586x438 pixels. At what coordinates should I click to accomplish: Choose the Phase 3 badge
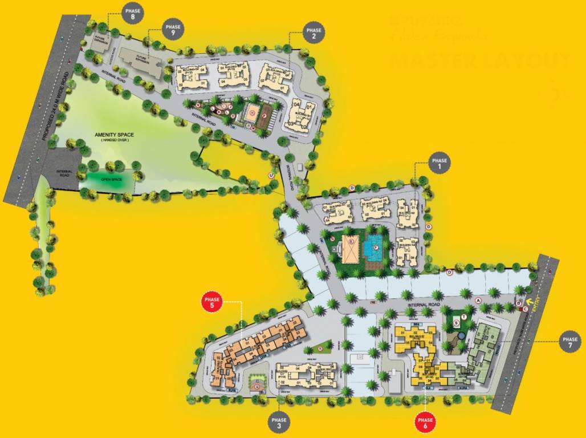279,423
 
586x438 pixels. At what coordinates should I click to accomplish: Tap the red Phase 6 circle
424,422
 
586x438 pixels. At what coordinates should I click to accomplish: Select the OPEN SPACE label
111,179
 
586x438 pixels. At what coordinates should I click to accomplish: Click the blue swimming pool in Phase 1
373,248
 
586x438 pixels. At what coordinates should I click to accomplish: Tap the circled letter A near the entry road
478,300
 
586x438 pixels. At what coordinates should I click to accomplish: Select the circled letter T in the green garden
465,317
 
